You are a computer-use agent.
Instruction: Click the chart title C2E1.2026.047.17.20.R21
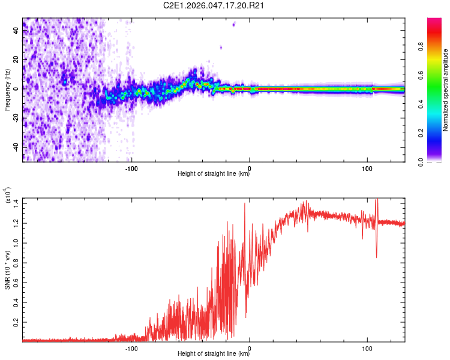[x=214, y=5]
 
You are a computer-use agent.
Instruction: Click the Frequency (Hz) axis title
[x=7, y=90]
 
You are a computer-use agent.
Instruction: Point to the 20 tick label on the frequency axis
[x=16, y=59]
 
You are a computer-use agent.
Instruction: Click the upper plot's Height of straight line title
[x=214, y=174]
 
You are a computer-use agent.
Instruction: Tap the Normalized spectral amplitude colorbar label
[x=446, y=90]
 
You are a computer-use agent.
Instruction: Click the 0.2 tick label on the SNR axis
[x=14, y=322]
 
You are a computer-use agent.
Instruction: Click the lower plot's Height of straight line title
[x=214, y=354]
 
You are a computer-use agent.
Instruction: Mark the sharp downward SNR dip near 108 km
[x=377, y=257]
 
